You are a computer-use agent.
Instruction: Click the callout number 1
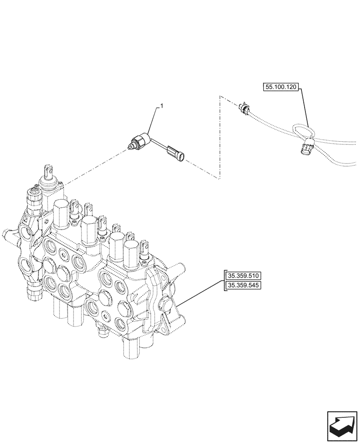click(x=162, y=106)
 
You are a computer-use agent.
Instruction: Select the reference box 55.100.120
click(x=281, y=88)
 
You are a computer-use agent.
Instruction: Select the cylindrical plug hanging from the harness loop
click(x=306, y=148)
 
